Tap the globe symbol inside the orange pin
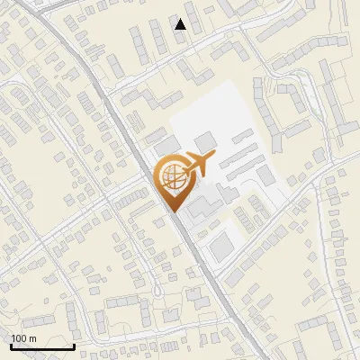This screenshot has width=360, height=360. (x=172, y=179)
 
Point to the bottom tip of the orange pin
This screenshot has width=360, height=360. (x=173, y=211)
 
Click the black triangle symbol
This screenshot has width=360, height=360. (x=181, y=24)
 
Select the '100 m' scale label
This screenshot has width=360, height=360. (x=24, y=338)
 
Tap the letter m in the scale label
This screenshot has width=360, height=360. (x=33, y=338)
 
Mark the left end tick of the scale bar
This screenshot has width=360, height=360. (x=11, y=345)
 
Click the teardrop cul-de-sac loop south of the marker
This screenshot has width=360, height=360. (x=158, y=290)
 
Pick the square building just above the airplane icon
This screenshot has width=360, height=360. (x=206, y=141)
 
